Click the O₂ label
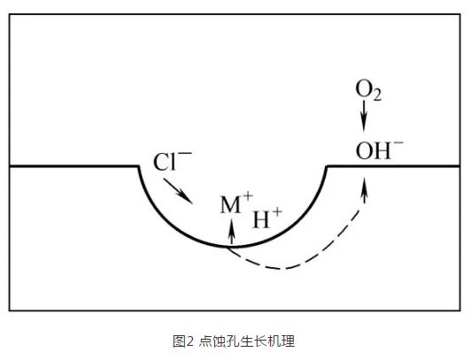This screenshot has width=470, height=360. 368,90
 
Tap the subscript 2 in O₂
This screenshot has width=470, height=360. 377,96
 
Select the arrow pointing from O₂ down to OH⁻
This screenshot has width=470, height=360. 364,116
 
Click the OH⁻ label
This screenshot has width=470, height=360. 380,149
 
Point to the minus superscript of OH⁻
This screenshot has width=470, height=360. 398,142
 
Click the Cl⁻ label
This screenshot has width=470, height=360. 173,161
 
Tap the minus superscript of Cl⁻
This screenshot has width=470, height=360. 185,153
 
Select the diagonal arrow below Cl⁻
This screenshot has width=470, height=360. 178,191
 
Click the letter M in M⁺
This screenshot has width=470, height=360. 230,204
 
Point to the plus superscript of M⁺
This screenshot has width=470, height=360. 248,196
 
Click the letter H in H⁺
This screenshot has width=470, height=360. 261,219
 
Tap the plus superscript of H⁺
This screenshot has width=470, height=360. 277,211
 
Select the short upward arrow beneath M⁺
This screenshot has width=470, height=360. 231,233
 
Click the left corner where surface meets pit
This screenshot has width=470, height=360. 138,166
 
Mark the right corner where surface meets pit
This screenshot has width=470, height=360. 327,166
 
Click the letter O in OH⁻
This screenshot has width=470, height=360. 363,150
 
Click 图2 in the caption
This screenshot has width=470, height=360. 183,341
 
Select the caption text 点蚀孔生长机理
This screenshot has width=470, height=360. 246,341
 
